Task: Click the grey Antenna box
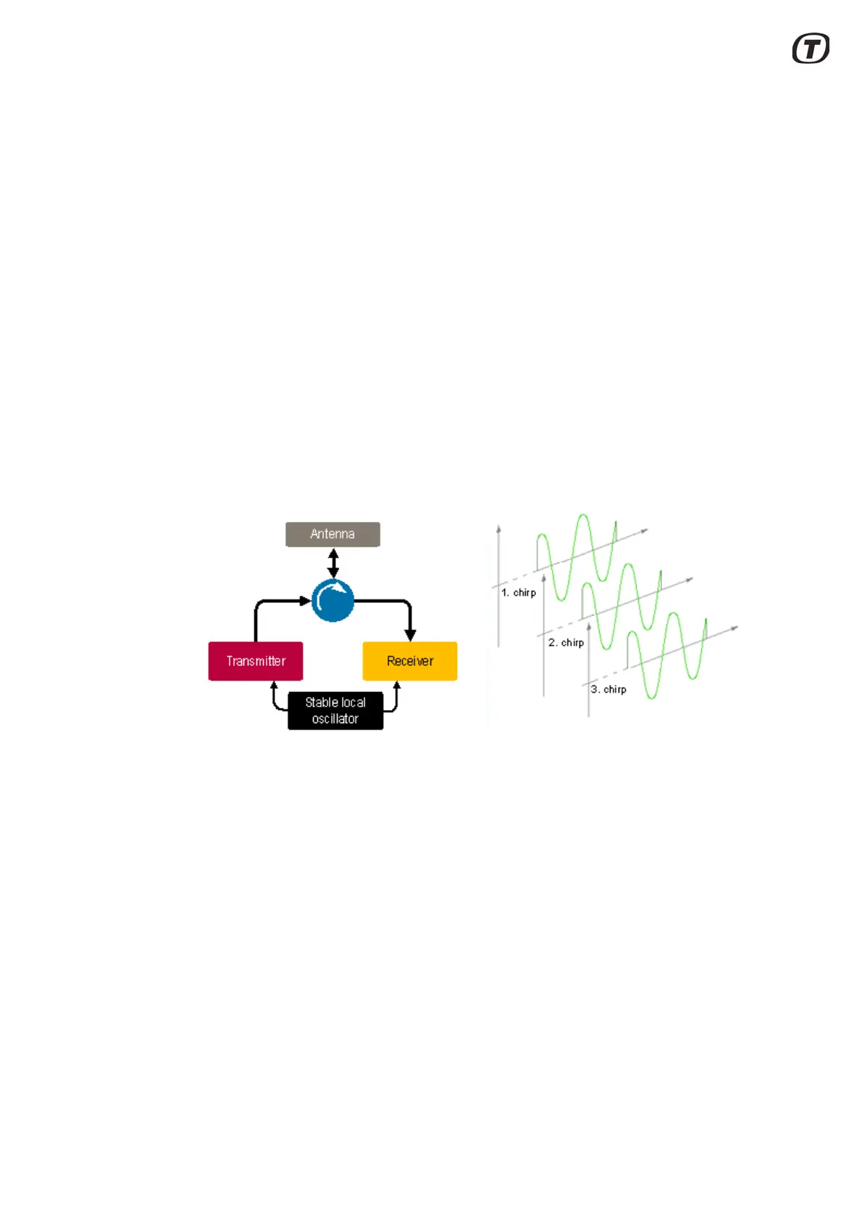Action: pyautogui.click(x=332, y=534)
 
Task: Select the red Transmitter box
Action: pyautogui.click(x=255, y=661)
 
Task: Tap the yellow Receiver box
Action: pyautogui.click(x=409, y=661)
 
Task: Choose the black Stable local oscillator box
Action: pyautogui.click(x=335, y=710)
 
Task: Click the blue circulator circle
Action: pyautogui.click(x=332, y=601)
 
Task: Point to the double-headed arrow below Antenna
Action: pyautogui.click(x=333, y=562)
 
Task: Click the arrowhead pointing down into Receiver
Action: pyautogui.click(x=410, y=634)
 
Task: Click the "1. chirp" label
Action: pyautogui.click(x=519, y=592)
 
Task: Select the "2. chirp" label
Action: pyautogui.click(x=566, y=642)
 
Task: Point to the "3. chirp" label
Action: pyautogui.click(x=608, y=689)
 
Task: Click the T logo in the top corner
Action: pyautogui.click(x=811, y=48)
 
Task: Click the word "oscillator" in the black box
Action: pyautogui.click(x=335, y=719)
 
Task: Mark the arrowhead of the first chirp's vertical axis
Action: pyautogui.click(x=498, y=528)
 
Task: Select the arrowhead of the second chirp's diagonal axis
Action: pyautogui.click(x=689, y=580)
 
